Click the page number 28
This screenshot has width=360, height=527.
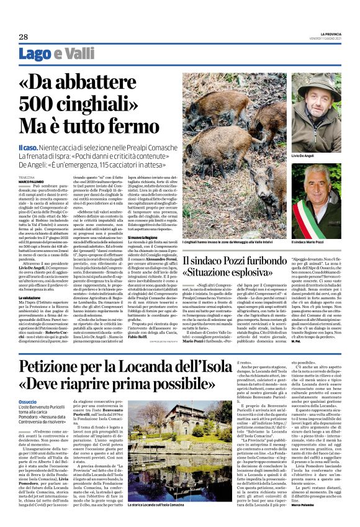pyautogui.click(x=24, y=37)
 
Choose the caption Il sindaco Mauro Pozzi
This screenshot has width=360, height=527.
pyautogui.click(x=310, y=241)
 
